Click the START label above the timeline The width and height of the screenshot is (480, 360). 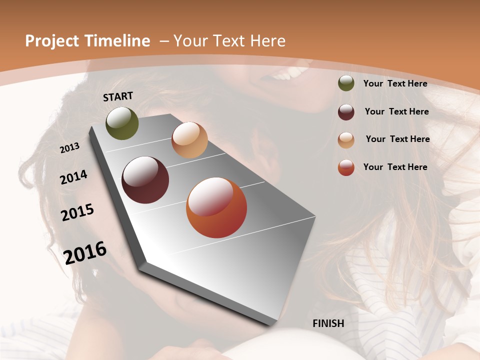[118, 96]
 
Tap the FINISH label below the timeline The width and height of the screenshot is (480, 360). [328, 323]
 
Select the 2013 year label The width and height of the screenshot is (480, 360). [70, 147]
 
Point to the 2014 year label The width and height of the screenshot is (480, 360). [74, 177]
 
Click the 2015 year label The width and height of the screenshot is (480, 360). [77, 212]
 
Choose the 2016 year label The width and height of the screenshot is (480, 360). [85, 252]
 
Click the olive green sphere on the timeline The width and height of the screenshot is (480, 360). [122, 123]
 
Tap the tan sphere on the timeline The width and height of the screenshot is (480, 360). [189, 140]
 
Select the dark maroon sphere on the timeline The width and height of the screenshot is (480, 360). [145, 180]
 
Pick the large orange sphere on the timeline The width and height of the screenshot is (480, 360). [216, 207]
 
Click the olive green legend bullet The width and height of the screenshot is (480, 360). [346, 83]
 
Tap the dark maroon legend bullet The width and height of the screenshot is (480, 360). [346, 112]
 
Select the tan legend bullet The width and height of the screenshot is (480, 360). [346, 139]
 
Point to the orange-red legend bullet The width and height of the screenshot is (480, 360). [346, 167]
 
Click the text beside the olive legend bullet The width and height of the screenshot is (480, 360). [395, 83]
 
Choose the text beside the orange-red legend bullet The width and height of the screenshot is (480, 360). [395, 167]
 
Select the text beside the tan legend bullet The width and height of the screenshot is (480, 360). [397, 139]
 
